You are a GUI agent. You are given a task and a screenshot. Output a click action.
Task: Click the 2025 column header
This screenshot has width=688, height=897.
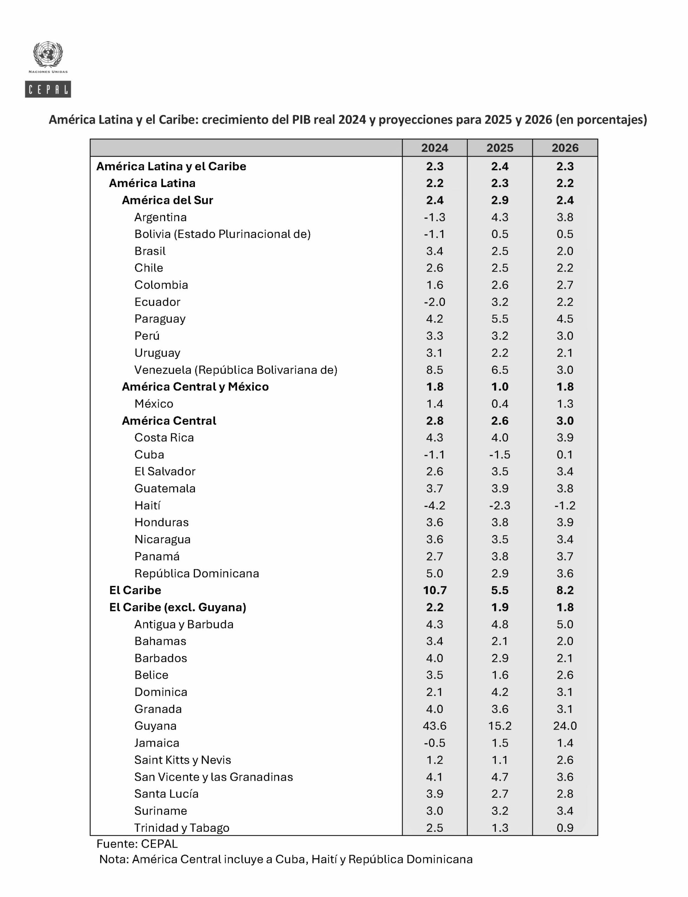coord(500,148)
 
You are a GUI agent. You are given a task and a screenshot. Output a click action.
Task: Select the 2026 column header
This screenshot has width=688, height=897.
coord(565,148)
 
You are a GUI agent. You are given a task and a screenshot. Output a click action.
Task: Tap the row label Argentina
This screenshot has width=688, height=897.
coord(160,217)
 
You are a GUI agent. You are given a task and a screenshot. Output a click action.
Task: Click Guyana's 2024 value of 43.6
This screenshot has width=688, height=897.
coord(434,726)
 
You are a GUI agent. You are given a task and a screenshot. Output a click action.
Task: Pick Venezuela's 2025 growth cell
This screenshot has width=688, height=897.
coord(500,370)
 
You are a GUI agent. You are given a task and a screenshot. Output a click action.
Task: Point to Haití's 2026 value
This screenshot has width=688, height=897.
coord(565,505)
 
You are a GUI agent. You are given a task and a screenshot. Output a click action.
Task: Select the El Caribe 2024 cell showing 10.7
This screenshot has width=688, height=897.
coord(434,590)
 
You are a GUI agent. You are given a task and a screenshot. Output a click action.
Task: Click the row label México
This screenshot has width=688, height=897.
coord(154,404)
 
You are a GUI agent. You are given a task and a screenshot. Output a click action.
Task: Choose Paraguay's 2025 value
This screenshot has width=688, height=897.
coord(500,319)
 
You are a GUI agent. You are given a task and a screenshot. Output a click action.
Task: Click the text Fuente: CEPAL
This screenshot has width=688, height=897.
coord(137,843)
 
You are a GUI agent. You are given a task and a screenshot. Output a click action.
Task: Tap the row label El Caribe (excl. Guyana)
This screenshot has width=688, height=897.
coord(177,607)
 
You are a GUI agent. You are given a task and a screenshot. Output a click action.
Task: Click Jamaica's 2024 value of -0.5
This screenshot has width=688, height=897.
coord(434,743)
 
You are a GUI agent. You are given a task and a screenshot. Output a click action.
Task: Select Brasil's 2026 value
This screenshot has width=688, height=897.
coord(565,251)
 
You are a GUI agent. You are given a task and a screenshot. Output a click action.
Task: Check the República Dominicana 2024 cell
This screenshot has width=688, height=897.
coord(434,573)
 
